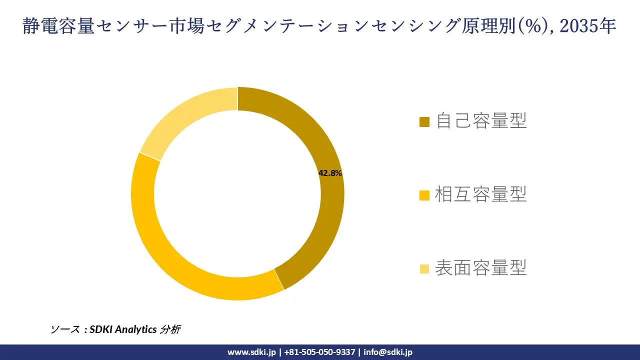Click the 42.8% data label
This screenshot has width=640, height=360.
pos(330,173)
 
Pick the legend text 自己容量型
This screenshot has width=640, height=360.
pos(481,121)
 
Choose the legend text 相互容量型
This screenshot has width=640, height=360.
pos(481,194)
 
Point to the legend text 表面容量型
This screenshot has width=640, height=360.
pos(481,268)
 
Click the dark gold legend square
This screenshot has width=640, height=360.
pos(424,121)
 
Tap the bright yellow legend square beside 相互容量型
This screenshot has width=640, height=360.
pos(424,195)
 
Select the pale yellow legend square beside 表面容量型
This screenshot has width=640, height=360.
pos(424,268)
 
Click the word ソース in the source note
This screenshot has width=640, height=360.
pos(65,329)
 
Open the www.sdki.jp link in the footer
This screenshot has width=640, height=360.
pos(251,352)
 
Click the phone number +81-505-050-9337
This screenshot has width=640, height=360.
pos(319,352)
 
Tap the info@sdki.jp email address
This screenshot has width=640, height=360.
pos(388,352)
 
